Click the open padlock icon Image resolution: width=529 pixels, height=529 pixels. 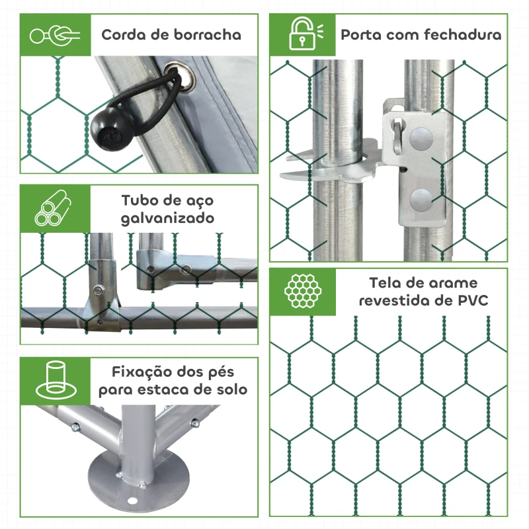click(302, 34)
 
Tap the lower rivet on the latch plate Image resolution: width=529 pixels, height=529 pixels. click(421, 200)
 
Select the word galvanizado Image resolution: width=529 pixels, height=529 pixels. click(167, 218)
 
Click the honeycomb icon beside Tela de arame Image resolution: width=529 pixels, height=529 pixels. click(302, 290)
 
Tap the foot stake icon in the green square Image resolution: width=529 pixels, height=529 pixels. click(53, 380)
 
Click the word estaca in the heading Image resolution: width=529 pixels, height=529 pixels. click(171, 389)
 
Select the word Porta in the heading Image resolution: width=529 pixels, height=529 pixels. click(360, 34)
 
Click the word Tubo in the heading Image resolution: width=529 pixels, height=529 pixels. click(141, 200)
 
